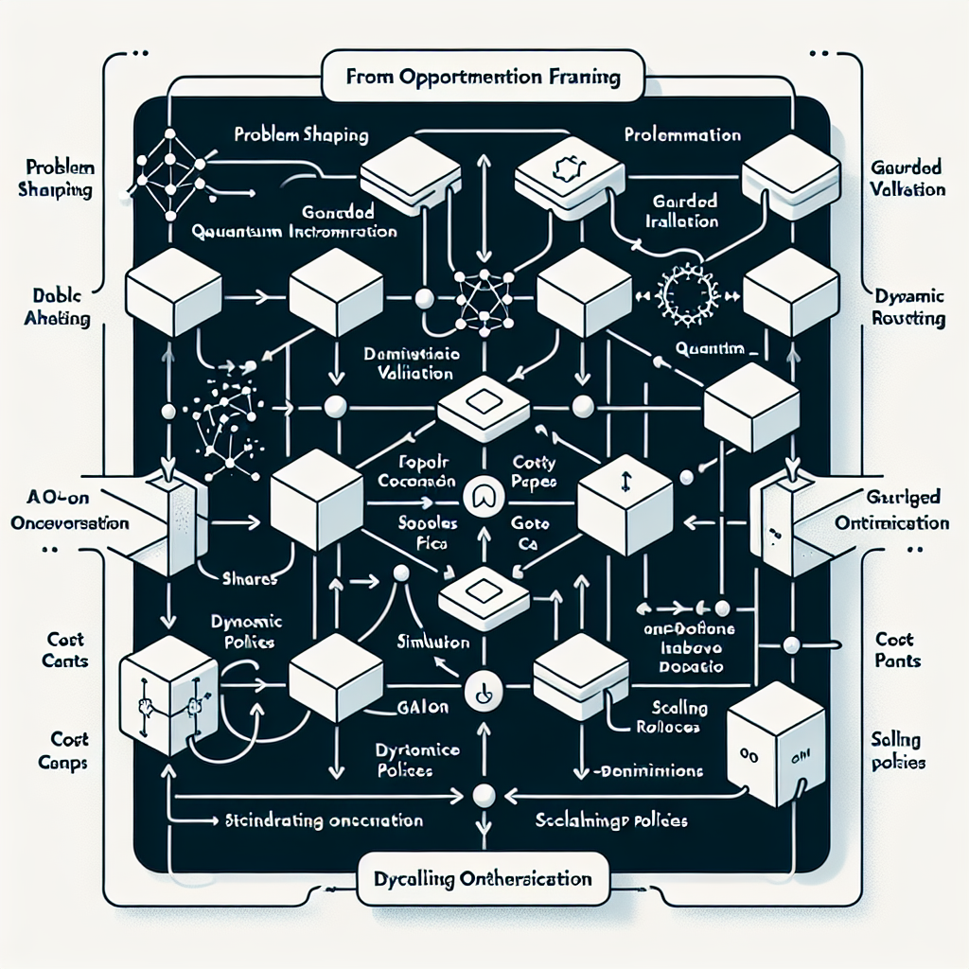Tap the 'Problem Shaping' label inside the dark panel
click(x=301, y=136)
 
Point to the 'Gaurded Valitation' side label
click(x=906, y=178)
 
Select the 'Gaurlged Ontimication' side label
click(x=892, y=511)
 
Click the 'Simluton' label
click(x=432, y=642)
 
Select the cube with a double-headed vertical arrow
click(x=625, y=490)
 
